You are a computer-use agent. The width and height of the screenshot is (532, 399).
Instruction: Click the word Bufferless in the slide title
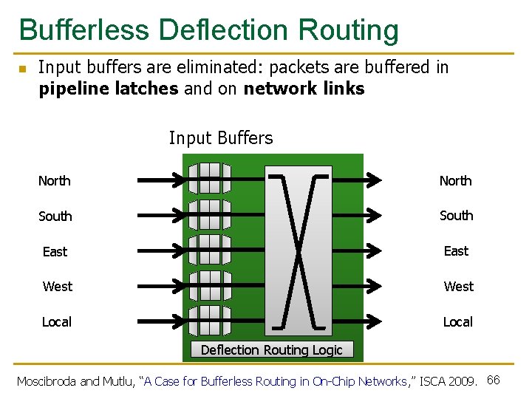(x=84, y=30)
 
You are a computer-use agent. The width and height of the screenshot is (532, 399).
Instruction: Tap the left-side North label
(x=55, y=181)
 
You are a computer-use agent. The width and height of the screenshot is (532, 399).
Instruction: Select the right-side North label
(x=455, y=181)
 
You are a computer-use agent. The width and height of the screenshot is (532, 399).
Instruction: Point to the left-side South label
(x=55, y=216)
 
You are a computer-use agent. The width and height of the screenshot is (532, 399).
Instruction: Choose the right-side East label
(x=456, y=251)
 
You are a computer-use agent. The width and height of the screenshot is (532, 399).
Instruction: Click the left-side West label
(x=58, y=287)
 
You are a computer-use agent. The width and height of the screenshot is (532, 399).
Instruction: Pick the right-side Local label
(x=457, y=322)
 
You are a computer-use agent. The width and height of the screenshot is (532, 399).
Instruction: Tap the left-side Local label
(x=57, y=322)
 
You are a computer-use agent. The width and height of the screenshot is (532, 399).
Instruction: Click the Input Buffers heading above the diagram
(x=221, y=138)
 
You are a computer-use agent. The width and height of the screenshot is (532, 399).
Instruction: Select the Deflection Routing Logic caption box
(x=272, y=349)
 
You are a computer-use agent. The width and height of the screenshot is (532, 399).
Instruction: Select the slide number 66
(x=494, y=380)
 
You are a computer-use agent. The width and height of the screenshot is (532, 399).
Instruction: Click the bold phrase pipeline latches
(x=108, y=89)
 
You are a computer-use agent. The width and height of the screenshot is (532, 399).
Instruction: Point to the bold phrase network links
(x=304, y=89)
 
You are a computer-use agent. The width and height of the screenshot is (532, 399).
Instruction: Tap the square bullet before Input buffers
(x=22, y=69)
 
